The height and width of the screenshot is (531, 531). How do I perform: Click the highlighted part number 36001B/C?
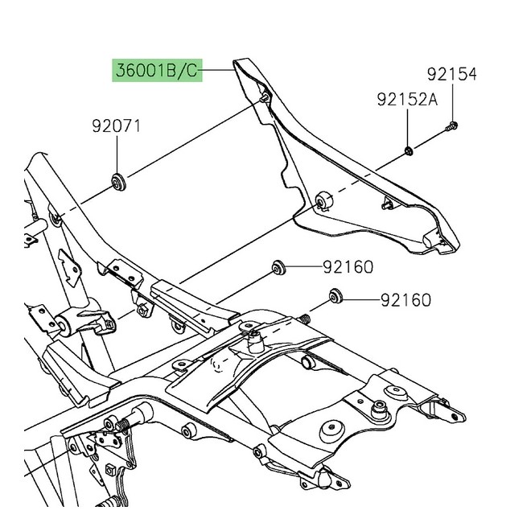click(154, 72)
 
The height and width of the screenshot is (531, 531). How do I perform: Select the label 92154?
click(451, 75)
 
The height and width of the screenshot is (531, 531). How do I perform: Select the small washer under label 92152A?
click(409, 150)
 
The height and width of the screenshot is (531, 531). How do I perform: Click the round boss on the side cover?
click(324, 200)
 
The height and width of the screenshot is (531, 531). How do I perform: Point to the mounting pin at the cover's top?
click(265, 97)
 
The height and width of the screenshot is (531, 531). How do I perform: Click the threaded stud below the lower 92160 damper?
click(307, 320)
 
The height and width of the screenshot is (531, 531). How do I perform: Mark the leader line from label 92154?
click(452, 101)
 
